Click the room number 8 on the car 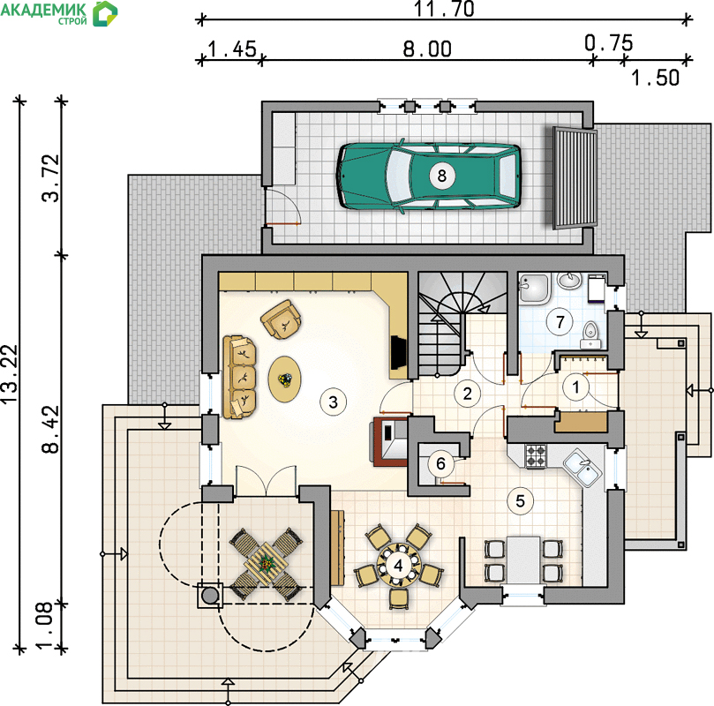[441, 176]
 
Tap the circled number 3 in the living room [333, 402]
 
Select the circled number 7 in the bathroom [560, 322]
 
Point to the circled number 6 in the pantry [440, 463]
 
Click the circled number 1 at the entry [576, 387]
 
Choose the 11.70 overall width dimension [444, 9]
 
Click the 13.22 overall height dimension [9, 373]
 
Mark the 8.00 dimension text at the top [427, 49]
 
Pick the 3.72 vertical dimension [50, 178]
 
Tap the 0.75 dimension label [609, 43]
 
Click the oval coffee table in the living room [284, 379]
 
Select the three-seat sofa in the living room [239, 377]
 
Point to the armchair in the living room [282, 319]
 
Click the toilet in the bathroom [590, 334]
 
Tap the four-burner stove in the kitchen [536, 455]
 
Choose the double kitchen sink [582, 468]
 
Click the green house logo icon [105, 13]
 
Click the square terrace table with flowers [266, 565]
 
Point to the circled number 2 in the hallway [467, 394]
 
